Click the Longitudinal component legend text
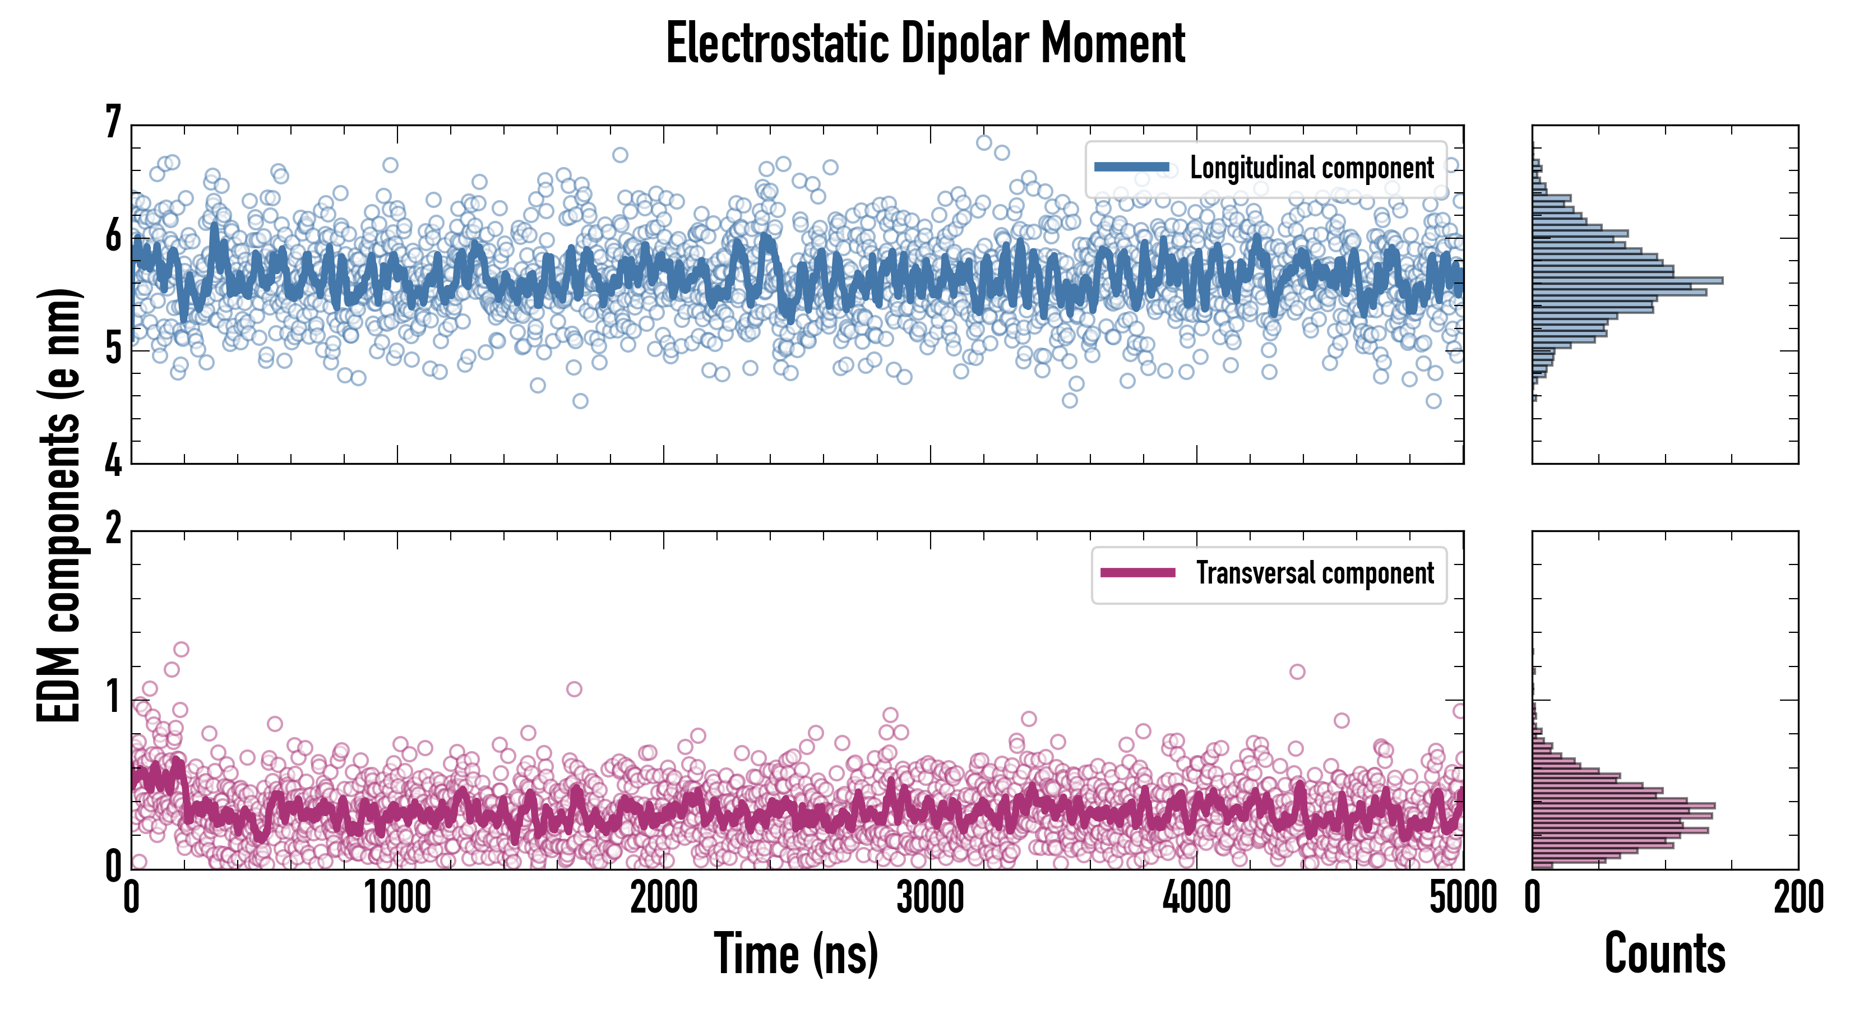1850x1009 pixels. [1311, 168]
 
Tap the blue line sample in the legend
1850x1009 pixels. [1131, 168]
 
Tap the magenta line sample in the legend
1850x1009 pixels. [1137, 573]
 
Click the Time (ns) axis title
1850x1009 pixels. [795, 954]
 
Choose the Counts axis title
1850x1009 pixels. [1664, 954]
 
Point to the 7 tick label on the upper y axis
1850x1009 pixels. [113, 123]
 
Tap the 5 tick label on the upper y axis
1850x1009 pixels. [113, 350]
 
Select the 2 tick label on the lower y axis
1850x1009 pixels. [113, 530]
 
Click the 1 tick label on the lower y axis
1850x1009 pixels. [113, 698]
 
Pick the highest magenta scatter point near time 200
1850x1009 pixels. [181, 649]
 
